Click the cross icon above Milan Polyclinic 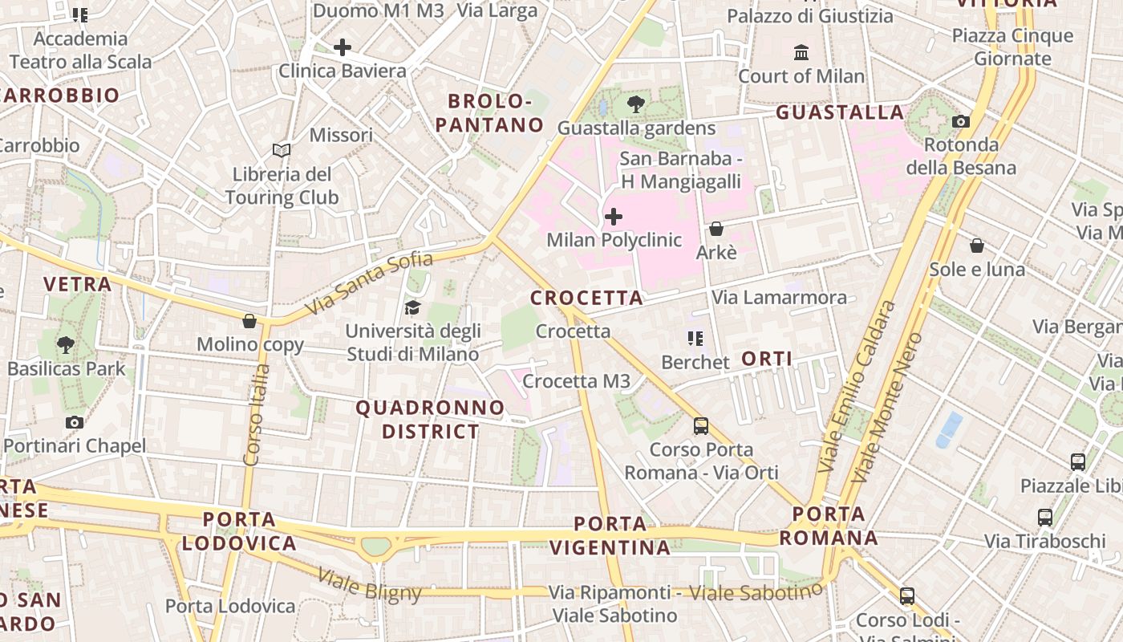click(x=614, y=217)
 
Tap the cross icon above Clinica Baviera click(x=343, y=47)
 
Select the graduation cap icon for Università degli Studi click(x=412, y=307)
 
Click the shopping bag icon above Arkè click(x=716, y=230)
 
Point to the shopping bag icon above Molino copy click(x=249, y=322)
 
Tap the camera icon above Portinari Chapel click(x=75, y=423)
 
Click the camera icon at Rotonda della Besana click(x=960, y=122)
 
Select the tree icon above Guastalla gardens click(x=636, y=104)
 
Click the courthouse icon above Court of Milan click(x=801, y=53)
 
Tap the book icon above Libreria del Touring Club click(x=281, y=150)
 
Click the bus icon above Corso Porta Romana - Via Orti click(x=701, y=426)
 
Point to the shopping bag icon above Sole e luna click(x=977, y=246)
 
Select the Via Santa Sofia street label click(x=369, y=282)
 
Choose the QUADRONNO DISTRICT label click(x=430, y=420)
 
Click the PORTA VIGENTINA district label click(x=611, y=536)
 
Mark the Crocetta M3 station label click(x=576, y=381)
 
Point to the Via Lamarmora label click(x=779, y=298)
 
